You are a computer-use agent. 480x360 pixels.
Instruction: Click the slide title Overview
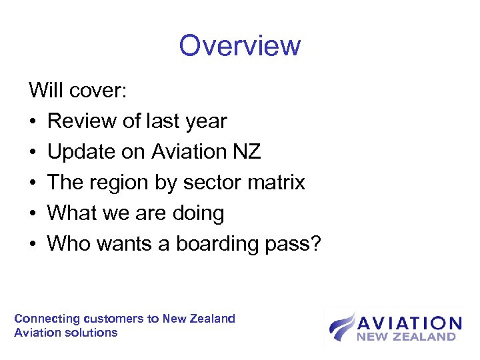[x=240, y=46]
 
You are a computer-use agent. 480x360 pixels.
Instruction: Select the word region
[x=127, y=183]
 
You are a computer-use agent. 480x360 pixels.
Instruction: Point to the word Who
[x=69, y=244]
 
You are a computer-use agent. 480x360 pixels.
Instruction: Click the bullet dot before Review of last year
[x=33, y=122]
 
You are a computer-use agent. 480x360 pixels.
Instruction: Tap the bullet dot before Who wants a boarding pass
[x=33, y=245]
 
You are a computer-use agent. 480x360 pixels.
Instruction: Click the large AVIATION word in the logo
[x=409, y=324]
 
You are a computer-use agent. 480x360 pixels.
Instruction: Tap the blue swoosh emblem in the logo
[x=342, y=327]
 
